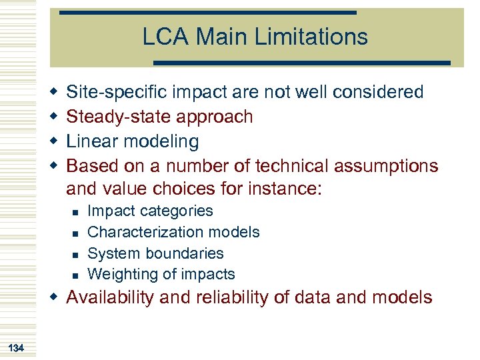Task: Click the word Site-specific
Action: pyautogui.click(x=117, y=92)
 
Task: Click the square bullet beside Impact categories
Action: pyautogui.click(x=75, y=212)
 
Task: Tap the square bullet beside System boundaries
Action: pyautogui.click(x=75, y=254)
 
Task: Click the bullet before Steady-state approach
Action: pyautogui.click(x=54, y=116)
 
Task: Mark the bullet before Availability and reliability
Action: pyautogui.click(x=54, y=297)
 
